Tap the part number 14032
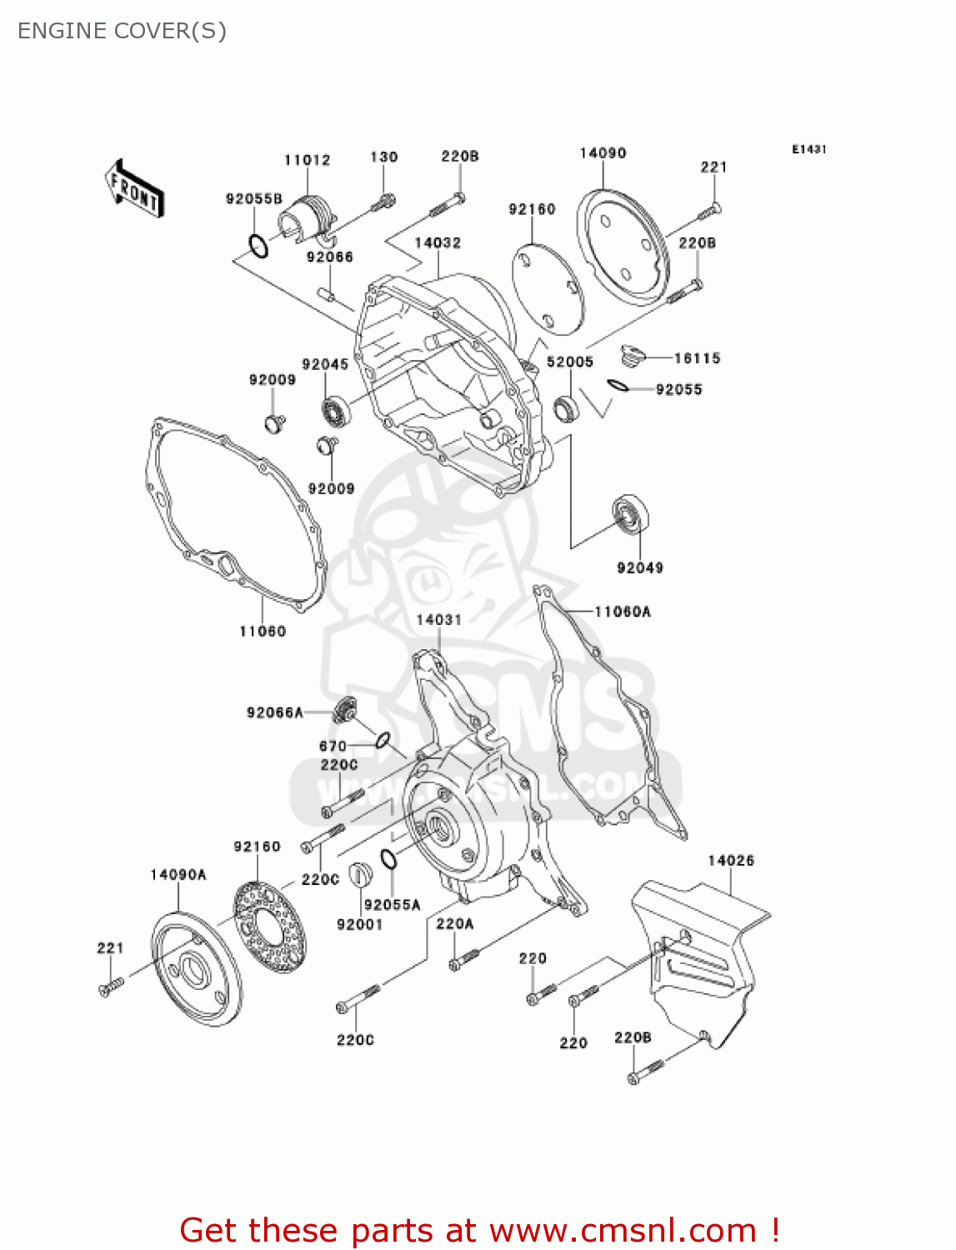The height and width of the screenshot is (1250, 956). pyautogui.click(x=438, y=242)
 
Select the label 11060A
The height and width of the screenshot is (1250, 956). pyautogui.click(x=623, y=612)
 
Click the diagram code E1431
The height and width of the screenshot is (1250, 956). pyautogui.click(x=808, y=149)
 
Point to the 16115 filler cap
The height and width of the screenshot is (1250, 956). pyautogui.click(x=634, y=356)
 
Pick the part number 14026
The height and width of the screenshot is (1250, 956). pyautogui.click(x=731, y=860)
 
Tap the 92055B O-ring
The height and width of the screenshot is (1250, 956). pyautogui.click(x=258, y=247)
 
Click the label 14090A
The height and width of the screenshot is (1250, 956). pyautogui.click(x=178, y=874)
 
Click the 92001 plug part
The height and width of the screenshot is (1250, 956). pyautogui.click(x=358, y=874)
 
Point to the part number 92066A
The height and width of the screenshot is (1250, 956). pyautogui.click(x=274, y=712)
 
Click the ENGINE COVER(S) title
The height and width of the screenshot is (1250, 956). pyautogui.click(x=122, y=31)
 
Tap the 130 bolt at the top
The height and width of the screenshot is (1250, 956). pyautogui.click(x=384, y=201)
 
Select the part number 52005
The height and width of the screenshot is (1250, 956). pyautogui.click(x=570, y=362)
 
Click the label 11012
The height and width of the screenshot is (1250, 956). pyautogui.click(x=308, y=160)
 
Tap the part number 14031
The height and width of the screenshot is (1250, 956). pyautogui.click(x=438, y=619)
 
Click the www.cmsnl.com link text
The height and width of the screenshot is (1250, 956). pyautogui.click(x=623, y=1231)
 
